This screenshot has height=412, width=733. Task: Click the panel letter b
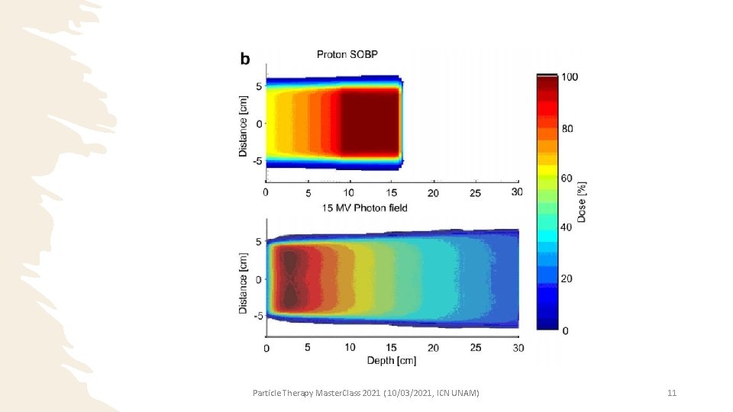tap(245, 60)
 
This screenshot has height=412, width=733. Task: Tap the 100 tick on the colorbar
tap(570, 78)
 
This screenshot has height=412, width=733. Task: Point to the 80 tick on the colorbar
tap(567, 128)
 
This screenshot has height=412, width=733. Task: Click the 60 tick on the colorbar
tap(567, 178)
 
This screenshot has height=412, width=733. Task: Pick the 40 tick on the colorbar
tap(567, 227)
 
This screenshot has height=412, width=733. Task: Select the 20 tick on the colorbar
tap(567, 279)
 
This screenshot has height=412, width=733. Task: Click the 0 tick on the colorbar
tap(565, 330)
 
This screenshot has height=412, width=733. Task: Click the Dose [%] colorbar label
tap(583, 201)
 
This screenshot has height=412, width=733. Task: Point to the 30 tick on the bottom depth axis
tap(518, 348)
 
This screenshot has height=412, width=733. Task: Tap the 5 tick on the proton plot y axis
tap(259, 86)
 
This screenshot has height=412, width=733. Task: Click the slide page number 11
tap(672, 393)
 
